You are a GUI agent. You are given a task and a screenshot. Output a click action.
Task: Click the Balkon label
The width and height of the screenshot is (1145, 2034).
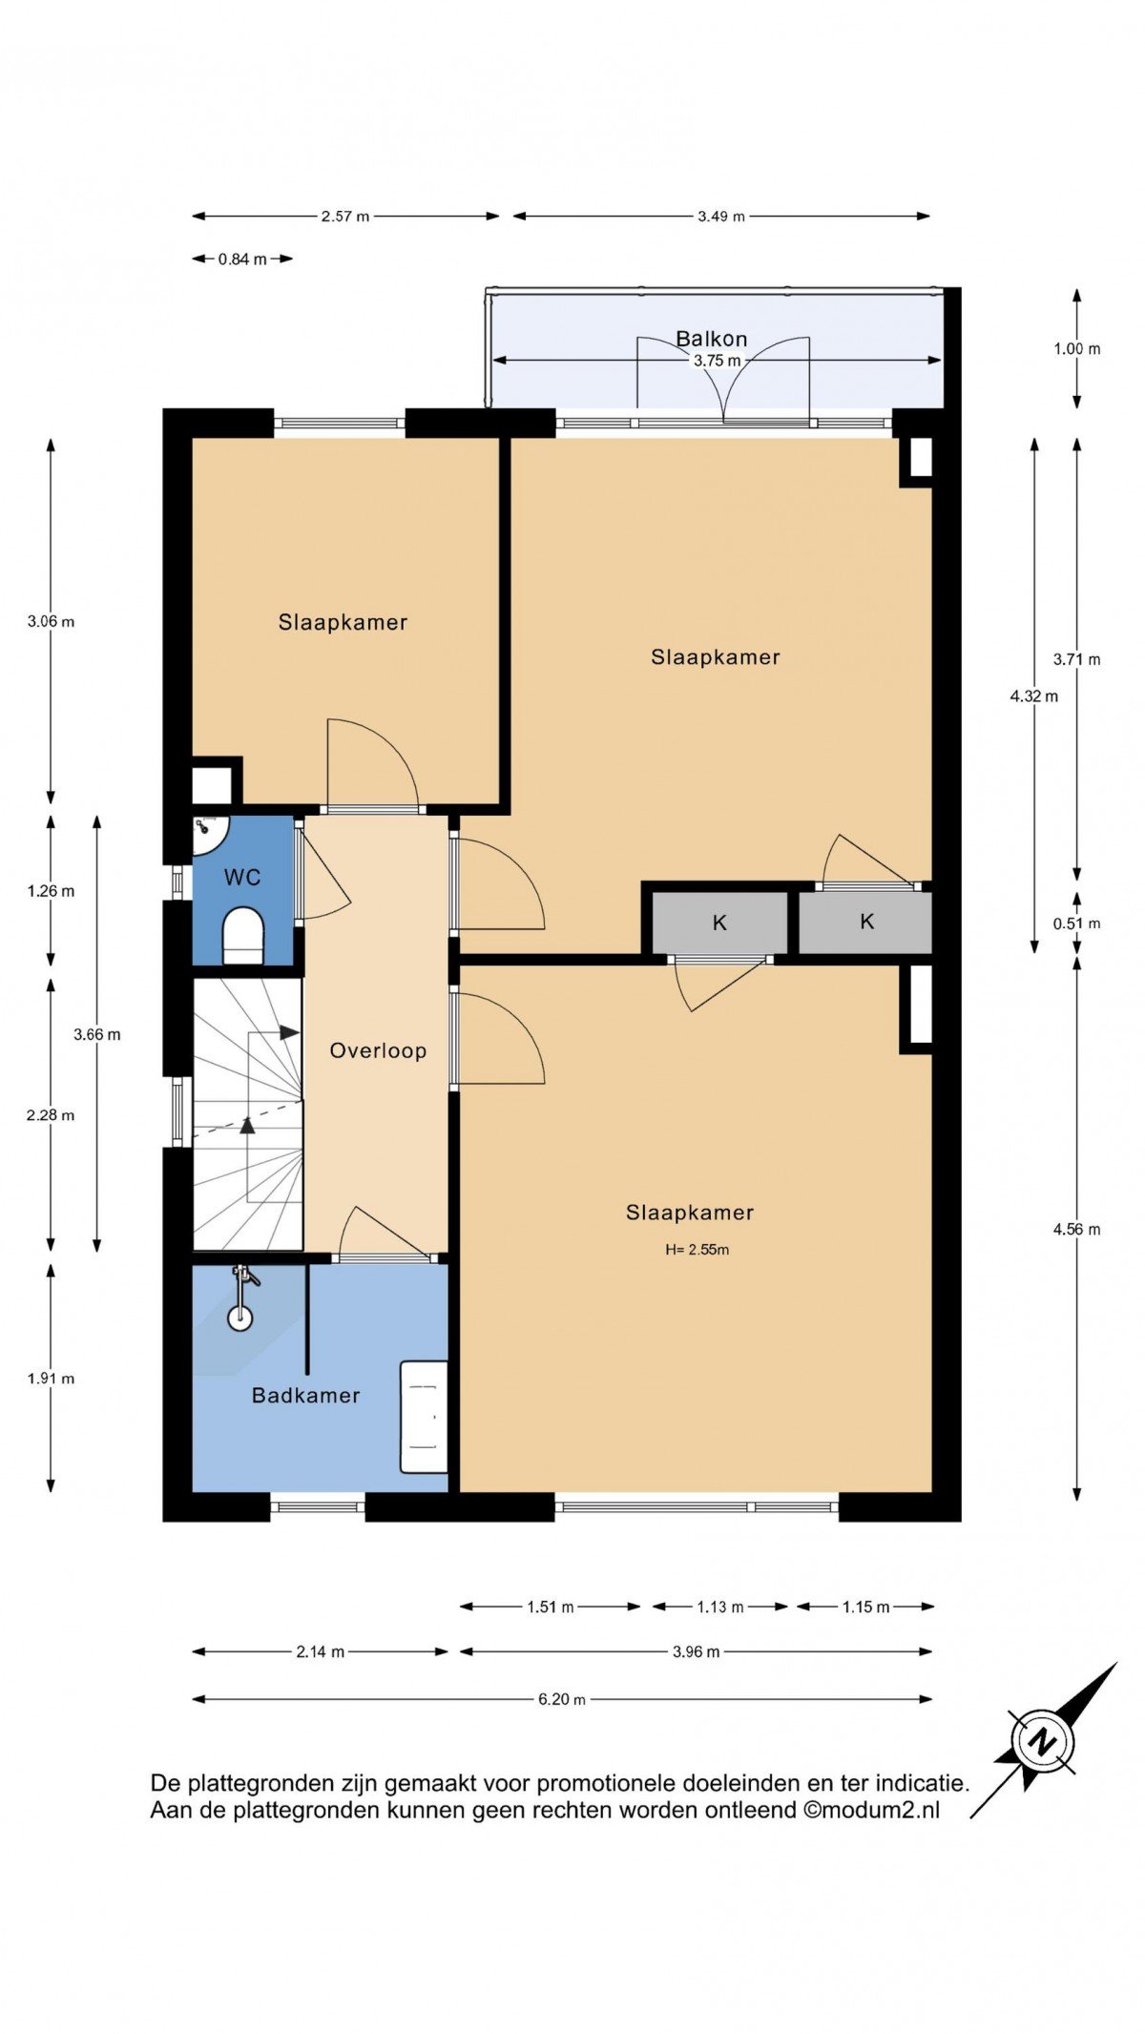[x=711, y=339]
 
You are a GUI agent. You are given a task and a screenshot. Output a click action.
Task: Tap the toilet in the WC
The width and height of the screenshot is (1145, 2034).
[x=241, y=936]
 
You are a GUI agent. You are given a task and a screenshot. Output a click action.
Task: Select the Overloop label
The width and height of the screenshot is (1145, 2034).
[x=378, y=1050]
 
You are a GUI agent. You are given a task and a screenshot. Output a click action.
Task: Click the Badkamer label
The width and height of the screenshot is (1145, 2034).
[x=305, y=1395]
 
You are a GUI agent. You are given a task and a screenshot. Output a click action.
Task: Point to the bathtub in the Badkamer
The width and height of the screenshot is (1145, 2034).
[x=424, y=1417]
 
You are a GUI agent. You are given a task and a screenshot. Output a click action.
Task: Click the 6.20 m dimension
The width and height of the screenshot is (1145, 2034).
[x=561, y=1699]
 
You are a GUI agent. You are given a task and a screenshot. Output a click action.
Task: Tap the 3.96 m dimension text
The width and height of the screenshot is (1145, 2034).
[x=696, y=1651]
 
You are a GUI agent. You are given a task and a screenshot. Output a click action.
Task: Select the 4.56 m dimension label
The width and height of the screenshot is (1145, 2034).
[x=1076, y=1229]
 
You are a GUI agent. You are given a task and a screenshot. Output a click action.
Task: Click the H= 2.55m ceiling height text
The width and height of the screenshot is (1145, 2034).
[x=697, y=1250]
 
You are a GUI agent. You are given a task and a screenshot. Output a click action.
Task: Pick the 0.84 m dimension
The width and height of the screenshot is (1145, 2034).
[x=242, y=259]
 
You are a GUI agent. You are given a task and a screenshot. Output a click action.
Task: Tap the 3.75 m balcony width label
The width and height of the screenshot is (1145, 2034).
[x=717, y=361]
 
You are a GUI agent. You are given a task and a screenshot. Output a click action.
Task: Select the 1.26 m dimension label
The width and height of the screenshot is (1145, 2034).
[x=51, y=891]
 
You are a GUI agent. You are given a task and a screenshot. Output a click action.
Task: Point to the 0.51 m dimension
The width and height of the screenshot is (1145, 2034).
[x=1076, y=924]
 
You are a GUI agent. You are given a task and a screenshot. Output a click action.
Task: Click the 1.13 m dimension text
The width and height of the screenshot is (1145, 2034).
[x=719, y=1607]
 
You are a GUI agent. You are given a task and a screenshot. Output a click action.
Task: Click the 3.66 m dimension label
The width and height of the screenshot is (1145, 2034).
[x=97, y=1034]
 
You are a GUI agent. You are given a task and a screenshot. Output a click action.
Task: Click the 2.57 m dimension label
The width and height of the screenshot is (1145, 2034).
[x=344, y=217]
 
